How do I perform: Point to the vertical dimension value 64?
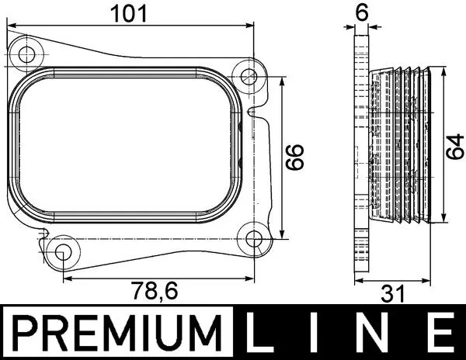click(x=456, y=145)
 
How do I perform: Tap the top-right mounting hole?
click(x=249, y=77)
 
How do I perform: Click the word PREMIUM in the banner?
click(x=113, y=332)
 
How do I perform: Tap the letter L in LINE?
click(x=260, y=332)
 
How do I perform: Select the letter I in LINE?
click(x=318, y=332)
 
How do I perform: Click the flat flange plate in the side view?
click(x=360, y=155)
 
